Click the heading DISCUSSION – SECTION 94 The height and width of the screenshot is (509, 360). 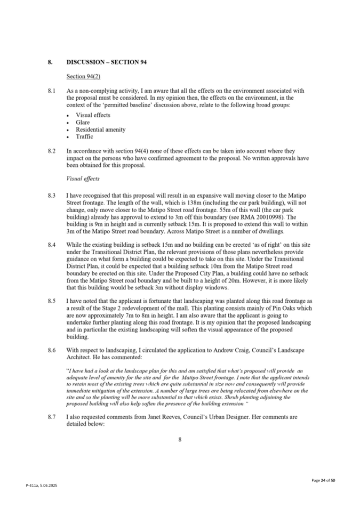107,62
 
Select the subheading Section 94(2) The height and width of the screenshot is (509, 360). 84,77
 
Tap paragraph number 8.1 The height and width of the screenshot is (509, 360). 51,91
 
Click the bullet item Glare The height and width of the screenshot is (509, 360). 83,123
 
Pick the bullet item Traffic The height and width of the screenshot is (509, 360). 85,136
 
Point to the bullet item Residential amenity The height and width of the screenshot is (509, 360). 101,130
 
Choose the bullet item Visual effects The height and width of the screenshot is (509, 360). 93,115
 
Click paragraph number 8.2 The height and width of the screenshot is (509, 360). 51,151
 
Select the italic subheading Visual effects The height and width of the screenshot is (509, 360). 83,179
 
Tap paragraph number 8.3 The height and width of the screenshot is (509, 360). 51,196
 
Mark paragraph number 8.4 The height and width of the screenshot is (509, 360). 51,245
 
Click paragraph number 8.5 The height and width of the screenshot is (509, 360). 51,301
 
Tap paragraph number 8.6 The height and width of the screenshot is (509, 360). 51,350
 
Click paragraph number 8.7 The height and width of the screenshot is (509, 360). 51,417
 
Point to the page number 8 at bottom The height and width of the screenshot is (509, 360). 180,440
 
